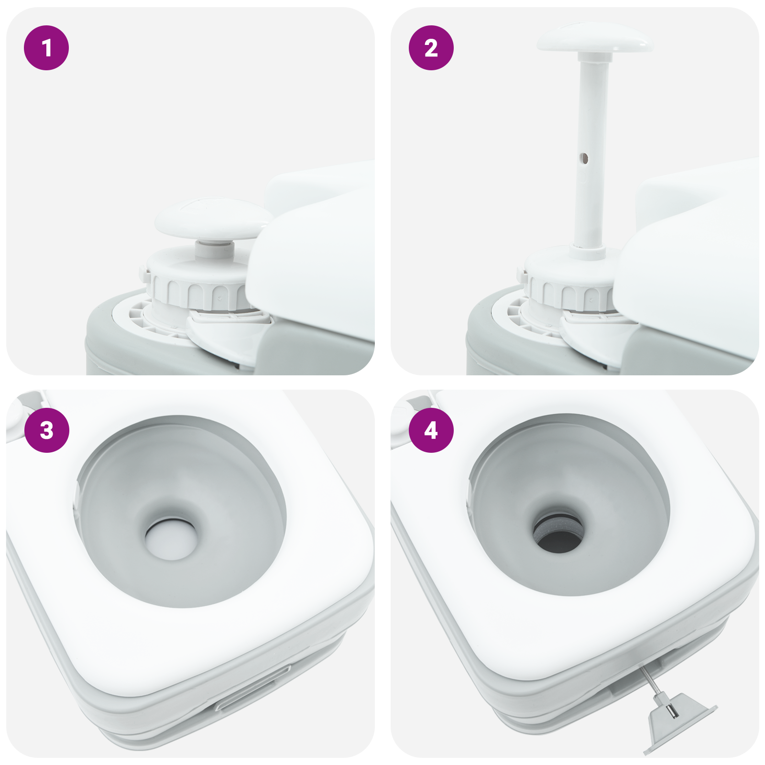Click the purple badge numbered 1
(46, 48)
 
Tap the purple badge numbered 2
(431, 48)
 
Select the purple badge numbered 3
(46, 430)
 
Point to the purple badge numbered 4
(431, 430)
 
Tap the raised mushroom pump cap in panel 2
(594, 38)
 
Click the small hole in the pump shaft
(584, 158)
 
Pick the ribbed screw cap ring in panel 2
(569, 292)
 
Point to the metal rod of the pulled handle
(651, 684)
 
